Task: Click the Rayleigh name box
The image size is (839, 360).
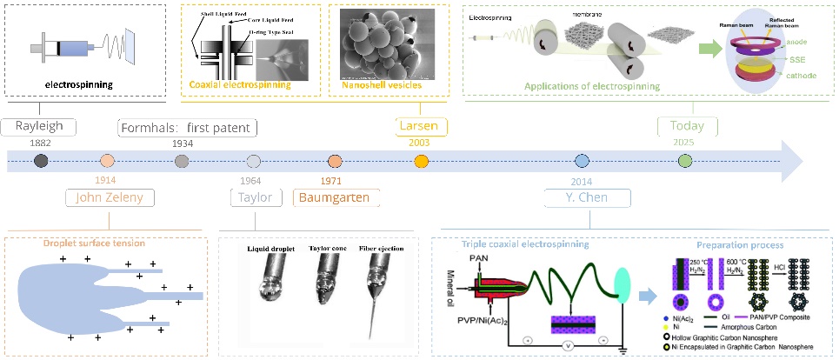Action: click(x=39, y=126)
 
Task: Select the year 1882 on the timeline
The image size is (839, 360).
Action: click(x=41, y=143)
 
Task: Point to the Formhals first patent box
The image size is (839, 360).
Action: click(x=189, y=128)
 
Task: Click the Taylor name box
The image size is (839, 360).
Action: click(x=256, y=197)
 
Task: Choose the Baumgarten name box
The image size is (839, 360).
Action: click(x=336, y=197)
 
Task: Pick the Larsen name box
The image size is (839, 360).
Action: click(x=421, y=126)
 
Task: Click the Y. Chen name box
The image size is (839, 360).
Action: click(x=585, y=197)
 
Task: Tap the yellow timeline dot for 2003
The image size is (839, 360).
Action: click(x=422, y=161)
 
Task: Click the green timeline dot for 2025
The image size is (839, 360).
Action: click(x=685, y=161)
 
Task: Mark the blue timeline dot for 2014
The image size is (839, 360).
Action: click(x=582, y=161)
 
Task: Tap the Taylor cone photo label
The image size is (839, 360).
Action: click(x=329, y=249)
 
